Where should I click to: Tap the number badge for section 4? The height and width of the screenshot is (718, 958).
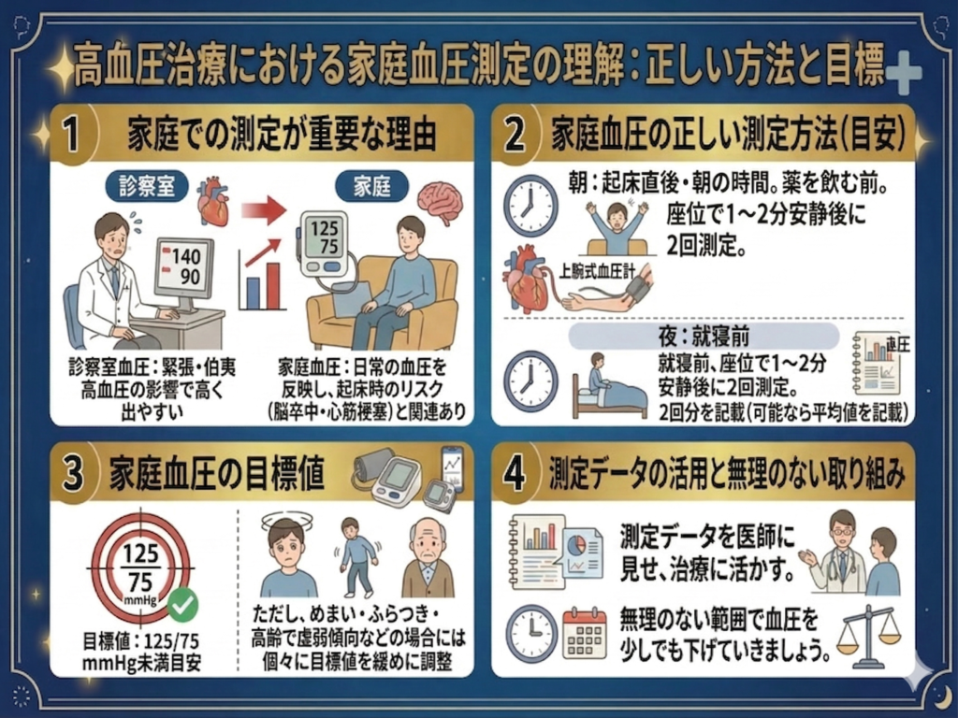point(517,475)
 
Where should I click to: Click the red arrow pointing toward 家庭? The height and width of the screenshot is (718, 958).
point(263,211)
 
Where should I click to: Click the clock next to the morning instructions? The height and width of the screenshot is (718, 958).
point(530,207)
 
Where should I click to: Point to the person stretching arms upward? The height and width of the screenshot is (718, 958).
point(617,223)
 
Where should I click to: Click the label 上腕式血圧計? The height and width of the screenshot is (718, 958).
point(596,272)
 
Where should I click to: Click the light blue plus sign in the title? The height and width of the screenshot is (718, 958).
point(902,74)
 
